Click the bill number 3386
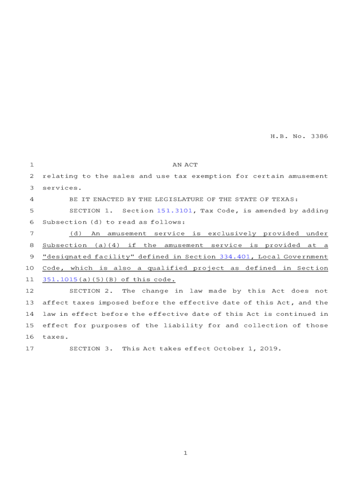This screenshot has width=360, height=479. pyautogui.click(x=319, y=137)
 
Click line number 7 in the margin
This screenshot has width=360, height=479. pyautogui.click(x=31, y=234)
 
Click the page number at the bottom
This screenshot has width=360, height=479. pyautogui.click(x=185, y=453)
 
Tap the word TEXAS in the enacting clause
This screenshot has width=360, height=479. pyautogui.click(x=286, y=199)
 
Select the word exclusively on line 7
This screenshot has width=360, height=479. pyautogui.click(x=232, y=234)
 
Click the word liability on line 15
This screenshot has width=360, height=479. pyautogui.click(x=183, y=326)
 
